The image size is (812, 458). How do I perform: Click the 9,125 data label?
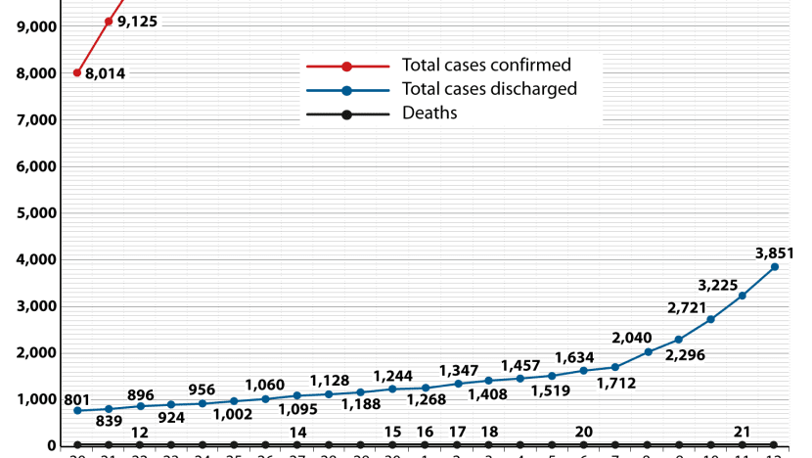pyautogui.click(x=139, y=21)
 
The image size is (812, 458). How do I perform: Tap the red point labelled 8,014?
pyautogui.click(x=77, y=72)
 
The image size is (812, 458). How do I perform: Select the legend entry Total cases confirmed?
pyautogui.click(x=486, y=66)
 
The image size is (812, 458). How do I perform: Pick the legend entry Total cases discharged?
pyautogui.click(x=489, y=89)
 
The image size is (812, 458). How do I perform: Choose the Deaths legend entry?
pyautogui.click(x=429, y=114)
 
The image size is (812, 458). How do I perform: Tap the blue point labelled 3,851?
pyautogui.click(x=775, y=266)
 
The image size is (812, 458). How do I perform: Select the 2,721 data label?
pyautogui.click(x=687, y=307)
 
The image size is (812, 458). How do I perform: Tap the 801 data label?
pyautogui.click(x=76, y=399)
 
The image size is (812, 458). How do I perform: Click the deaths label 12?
pyautogui.click(x=140, y=433)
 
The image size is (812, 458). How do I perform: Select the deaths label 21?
pyautogui.click(x=743, y=433)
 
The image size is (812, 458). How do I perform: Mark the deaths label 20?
pyautogui.click(x=584, y=433)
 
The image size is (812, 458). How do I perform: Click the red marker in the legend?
pyautogui.click(x=347, y=67)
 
